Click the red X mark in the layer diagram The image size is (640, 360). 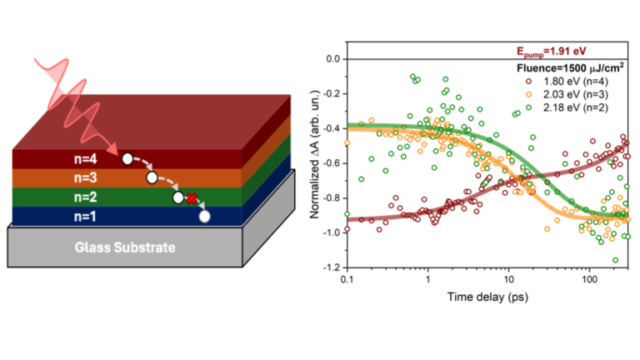pyautogui.click(x=192, y=198)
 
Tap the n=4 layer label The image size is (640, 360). pyautogui.click(x=84, y=157)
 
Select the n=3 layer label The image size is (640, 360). pyautogui.click(x=84, y=177)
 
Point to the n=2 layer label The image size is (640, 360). pyautogui.click(x=84, y=197)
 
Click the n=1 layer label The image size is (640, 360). pyautogui.click(x=84, y=217)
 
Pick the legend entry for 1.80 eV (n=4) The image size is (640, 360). pyautogui.click(x=568, y=81)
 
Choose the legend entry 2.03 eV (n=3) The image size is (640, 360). pyautogui.click(x=568, y=95)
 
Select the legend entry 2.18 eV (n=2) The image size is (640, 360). pyautogui.click(x=568, y=109)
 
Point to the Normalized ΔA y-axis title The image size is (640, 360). pyautogui.click(x=314, y=162)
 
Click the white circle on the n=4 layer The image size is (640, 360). pyautogui.click(x=127, y=158)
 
